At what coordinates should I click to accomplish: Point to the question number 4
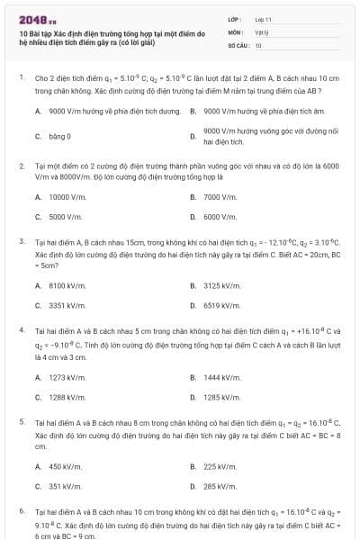tap(21, 330)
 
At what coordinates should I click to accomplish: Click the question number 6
tap(21, 510)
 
